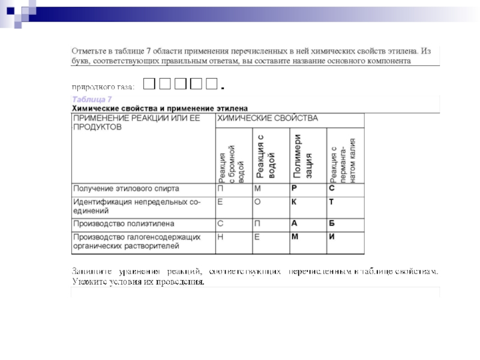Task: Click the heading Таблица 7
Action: coord(92,99)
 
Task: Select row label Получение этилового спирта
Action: coord(126,188)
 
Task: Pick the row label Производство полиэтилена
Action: coord(124,224)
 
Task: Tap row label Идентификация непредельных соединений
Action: coord(136,206)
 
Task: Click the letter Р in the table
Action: coord(294,188)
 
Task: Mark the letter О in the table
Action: coord(257,202)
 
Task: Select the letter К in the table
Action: coord(294,202)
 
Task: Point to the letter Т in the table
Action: coord(331,202)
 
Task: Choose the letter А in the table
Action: coord(294,224)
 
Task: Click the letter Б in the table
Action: coord(331,224)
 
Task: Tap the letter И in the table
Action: coord(331,236)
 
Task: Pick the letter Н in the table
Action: coord(221,236)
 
